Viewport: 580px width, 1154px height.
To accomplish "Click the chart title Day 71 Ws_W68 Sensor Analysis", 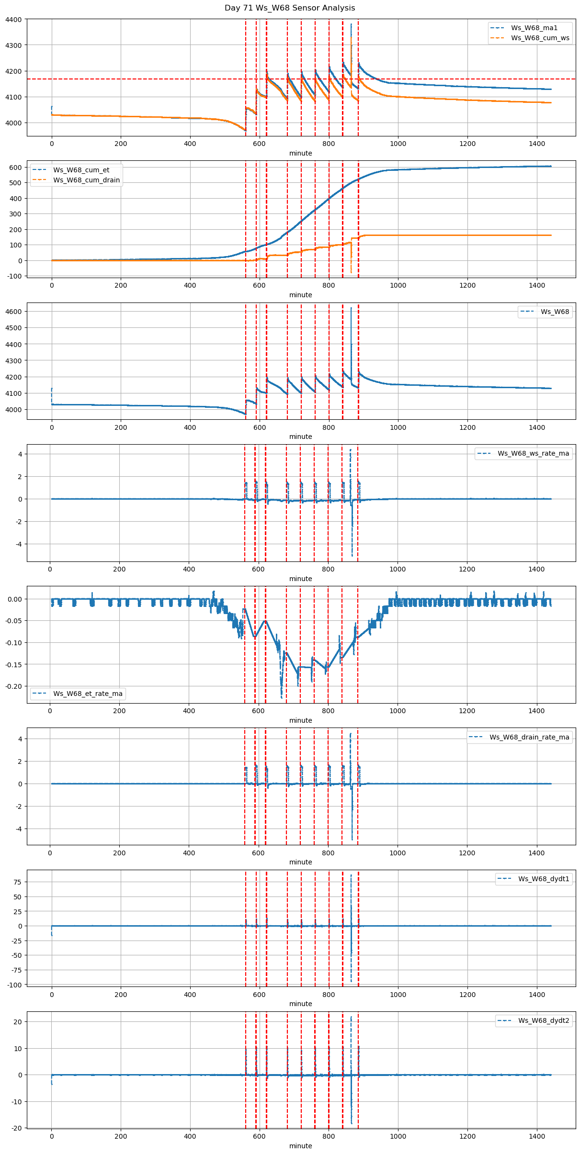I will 290,8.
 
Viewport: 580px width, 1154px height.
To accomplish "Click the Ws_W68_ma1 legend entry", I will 534,28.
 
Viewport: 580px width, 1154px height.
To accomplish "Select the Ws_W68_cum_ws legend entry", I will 540,38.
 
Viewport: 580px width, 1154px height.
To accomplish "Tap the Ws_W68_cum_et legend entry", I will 81,170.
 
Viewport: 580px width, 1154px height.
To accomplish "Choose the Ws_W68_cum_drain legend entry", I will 86,180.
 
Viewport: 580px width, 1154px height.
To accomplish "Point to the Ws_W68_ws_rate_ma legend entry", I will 533,453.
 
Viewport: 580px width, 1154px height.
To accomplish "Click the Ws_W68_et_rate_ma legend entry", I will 88,694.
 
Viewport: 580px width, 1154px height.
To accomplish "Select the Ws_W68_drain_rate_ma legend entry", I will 529,737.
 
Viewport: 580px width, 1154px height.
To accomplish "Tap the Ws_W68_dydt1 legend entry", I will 544,879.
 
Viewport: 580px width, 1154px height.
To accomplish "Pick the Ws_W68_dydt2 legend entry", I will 544,1020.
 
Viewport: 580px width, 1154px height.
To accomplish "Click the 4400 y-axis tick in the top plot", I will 13,20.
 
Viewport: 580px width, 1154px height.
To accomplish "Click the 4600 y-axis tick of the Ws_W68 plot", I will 13,312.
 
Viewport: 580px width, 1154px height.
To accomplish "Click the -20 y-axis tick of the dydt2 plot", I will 17,1128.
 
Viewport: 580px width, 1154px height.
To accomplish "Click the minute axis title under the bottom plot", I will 300,1146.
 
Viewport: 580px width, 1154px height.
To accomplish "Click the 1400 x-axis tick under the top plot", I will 536,144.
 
